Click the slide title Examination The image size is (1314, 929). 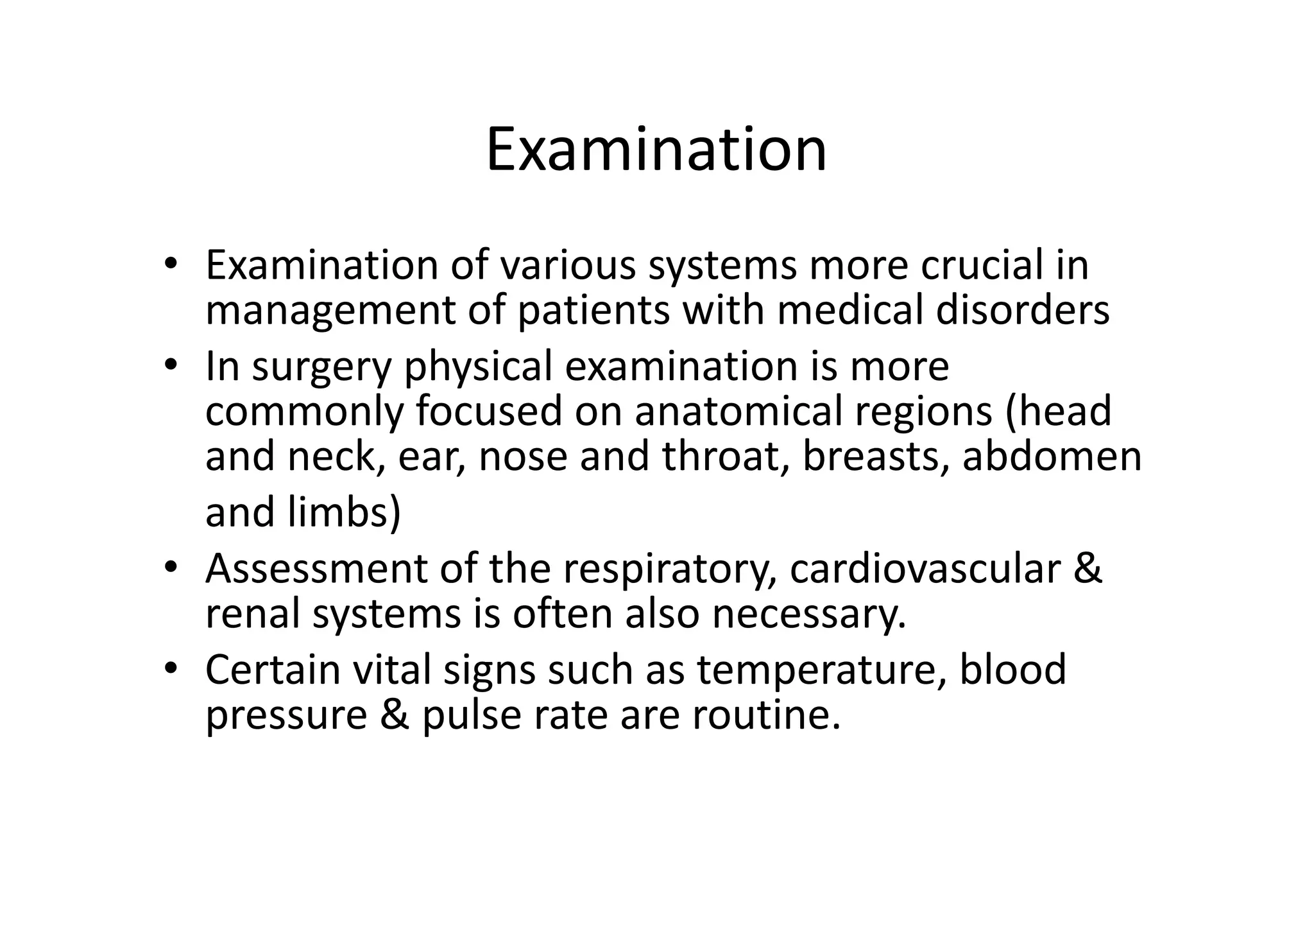click(656, 150)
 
